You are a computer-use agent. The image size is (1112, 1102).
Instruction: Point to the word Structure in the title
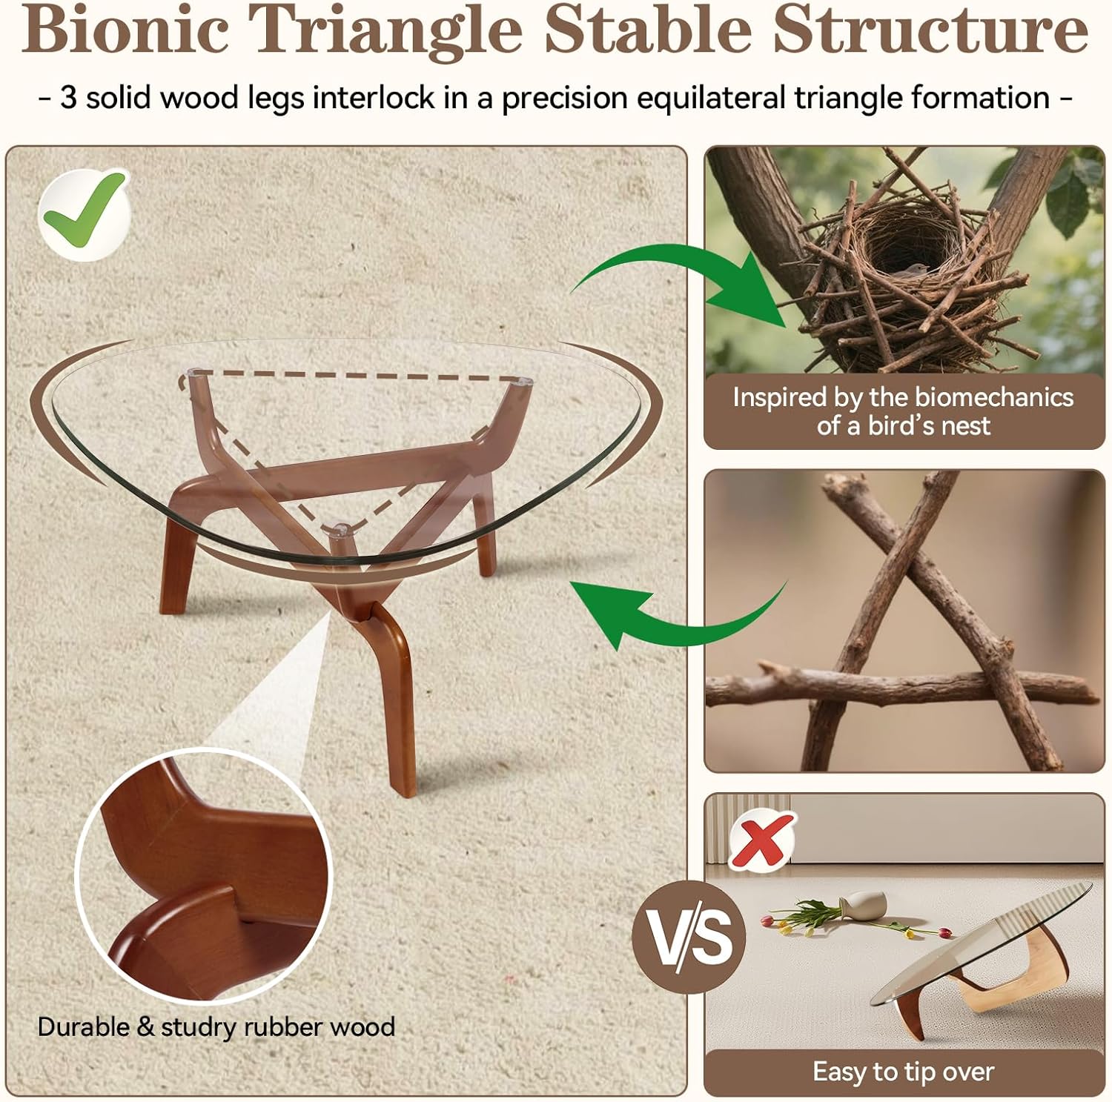930,31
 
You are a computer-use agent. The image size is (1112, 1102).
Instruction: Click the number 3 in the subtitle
68,98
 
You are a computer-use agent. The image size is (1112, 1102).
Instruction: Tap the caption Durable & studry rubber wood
216,1027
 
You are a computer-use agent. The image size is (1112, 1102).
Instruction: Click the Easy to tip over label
903,1072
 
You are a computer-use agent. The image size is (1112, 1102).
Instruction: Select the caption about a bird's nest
903,411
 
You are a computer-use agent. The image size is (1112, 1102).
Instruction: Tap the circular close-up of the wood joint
204,874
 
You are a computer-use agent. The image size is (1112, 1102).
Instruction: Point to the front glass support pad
340,530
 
